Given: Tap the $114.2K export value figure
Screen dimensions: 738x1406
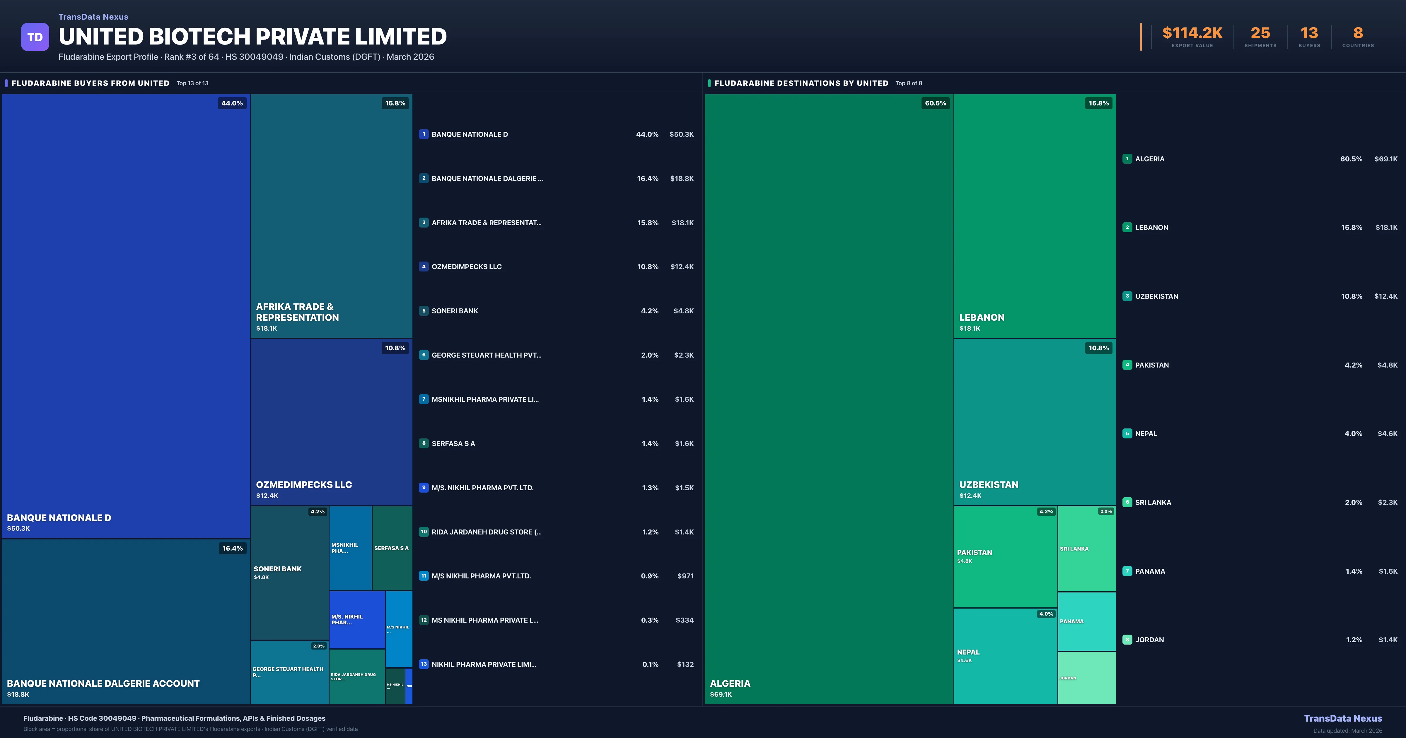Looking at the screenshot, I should (x=1192, y=33).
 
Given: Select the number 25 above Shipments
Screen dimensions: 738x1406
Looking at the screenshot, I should (x=1260, y=33).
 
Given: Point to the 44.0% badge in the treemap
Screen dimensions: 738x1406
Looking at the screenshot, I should (x=232, y=103).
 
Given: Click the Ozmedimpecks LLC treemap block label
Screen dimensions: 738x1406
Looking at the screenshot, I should (x=304, y=485).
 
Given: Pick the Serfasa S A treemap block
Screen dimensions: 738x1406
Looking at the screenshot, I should (x=391, y=548).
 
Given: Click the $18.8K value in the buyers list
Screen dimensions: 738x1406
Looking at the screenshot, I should (x=682, y=178).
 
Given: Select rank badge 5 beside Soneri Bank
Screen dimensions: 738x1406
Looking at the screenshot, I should (x=424, y=311).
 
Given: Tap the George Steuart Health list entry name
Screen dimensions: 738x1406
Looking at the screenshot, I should (x=486, y=355).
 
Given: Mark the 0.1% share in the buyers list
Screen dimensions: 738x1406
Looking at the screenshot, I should (x=650, y=664).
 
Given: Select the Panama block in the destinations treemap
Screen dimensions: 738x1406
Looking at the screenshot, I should (x=1086, y=621).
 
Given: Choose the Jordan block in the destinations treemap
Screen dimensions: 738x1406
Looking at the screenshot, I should (x=1086, y=678).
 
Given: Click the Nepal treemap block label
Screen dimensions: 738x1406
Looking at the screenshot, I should (x=968, y=652).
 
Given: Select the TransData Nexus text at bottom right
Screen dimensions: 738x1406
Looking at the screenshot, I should (x=1343, y=718).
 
